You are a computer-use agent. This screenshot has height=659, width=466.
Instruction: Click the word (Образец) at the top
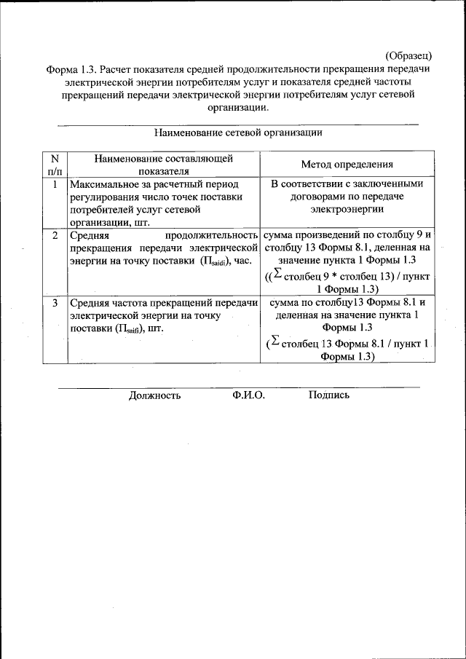[x=408, y=55]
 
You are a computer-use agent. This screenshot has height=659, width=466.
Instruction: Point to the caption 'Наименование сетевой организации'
[x=238, y=133]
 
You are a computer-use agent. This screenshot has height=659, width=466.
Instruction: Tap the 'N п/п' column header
[x=54, y=164]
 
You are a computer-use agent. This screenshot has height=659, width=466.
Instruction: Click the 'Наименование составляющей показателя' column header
[x=164, y=164]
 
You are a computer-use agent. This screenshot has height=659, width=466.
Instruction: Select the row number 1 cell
[x=54, y=184]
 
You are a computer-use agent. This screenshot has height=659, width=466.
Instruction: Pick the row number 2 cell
[x=55, y=236]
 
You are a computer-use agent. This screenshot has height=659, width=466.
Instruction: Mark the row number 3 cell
[x=55, y=302]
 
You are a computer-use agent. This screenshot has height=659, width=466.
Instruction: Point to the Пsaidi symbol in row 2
[x=216, y=261]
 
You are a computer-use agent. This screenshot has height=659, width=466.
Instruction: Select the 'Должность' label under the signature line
[x=154, y=395]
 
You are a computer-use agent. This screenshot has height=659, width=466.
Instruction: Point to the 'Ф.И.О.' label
[x=249, y=395]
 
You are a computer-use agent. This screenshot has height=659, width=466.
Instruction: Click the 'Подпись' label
[x=329, y=395]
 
